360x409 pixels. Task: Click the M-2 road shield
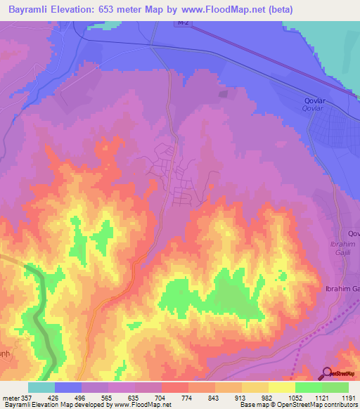coord(181,24)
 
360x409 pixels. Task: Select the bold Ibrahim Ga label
coord(342,290)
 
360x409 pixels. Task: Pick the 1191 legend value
coord(347,397)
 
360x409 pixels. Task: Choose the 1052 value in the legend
coord(295,397)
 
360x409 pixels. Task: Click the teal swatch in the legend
coord(41,387)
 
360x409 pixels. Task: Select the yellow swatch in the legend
coord(281,387)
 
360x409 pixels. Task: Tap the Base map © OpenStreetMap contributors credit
coord(297,405)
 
